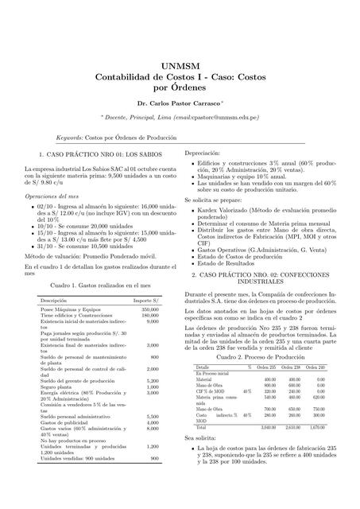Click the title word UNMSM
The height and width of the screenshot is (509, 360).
coord(180,66)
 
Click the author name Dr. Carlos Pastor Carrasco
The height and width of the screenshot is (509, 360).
coord(179,105)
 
